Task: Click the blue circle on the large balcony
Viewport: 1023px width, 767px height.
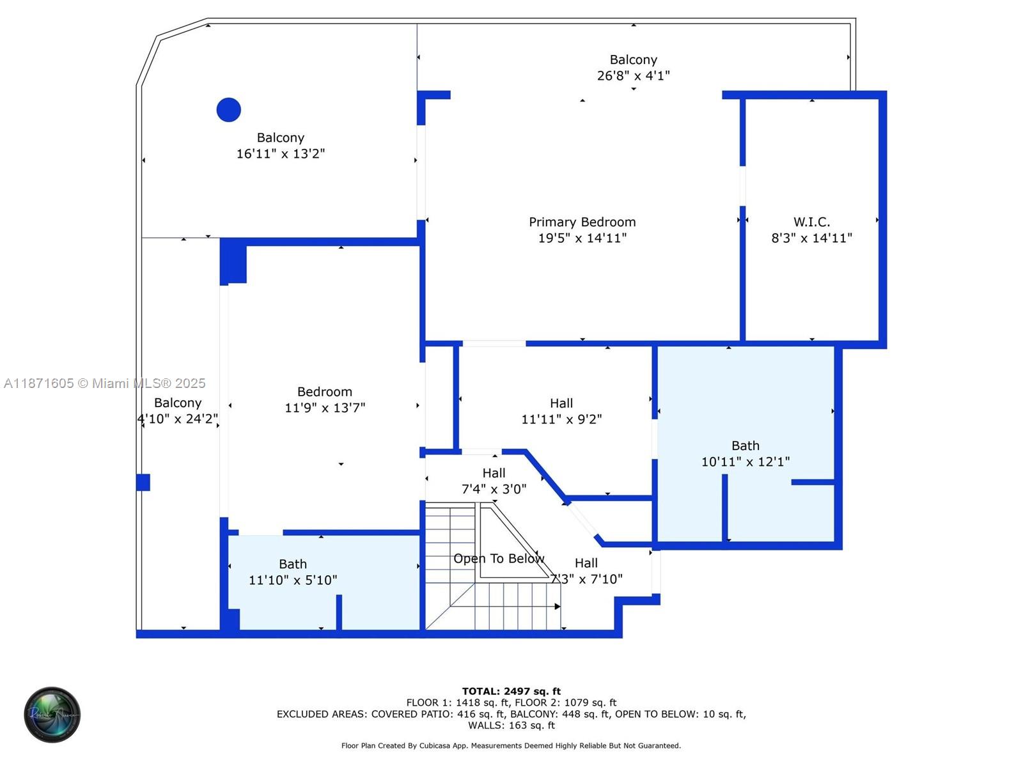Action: (x=228, y=110)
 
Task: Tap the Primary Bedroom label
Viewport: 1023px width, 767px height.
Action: (x=582, y=222)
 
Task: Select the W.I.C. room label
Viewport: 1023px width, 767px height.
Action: (x=811, y=222)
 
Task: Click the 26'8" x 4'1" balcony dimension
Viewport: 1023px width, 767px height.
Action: (x=633, y=75)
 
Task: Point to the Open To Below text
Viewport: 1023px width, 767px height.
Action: (x=499, y=559)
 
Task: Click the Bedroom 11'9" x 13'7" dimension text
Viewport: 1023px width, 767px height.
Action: (x=325, y=408)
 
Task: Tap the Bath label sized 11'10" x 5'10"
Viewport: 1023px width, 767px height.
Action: (x=293, y=564)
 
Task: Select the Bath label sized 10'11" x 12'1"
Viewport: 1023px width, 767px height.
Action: (x=746, y=445)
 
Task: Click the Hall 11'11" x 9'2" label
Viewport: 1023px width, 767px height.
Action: (x=561, y=403)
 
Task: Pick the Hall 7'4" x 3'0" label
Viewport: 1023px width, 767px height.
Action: (x=494, y=473)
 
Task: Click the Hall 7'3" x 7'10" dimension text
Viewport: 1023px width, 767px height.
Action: (x=586, y=579)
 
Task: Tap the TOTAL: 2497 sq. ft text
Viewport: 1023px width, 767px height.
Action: (x=511, y=691)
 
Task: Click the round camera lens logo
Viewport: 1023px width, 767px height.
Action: (x=52, y=715)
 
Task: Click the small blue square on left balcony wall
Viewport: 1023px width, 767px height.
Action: (x=143, y=482)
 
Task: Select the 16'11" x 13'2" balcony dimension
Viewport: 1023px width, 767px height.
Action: (x=281, y=153)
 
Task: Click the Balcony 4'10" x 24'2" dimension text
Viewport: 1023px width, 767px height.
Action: (x=178, y=419)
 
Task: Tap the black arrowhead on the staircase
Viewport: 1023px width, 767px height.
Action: (x=558, y=606)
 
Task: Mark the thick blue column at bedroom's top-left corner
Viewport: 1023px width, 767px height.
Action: (x=233, y=261)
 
